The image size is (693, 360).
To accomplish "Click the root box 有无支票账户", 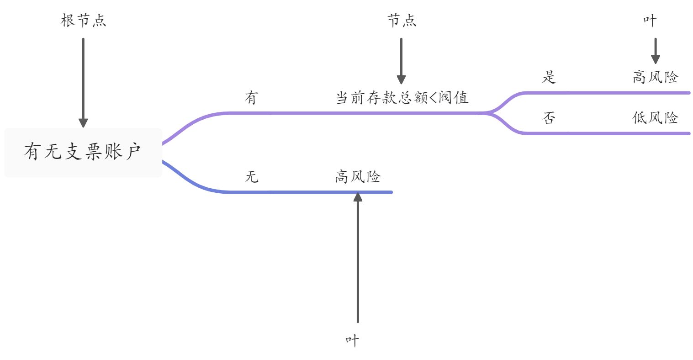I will coord(83,152).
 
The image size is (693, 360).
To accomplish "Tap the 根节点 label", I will coord(83,21).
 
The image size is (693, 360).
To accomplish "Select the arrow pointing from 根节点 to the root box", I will coord(83,82).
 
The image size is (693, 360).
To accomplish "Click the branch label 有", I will coord(251,98).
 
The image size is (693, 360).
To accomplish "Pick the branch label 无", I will coord(251,176).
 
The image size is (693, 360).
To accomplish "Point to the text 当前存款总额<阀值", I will coord(402,98).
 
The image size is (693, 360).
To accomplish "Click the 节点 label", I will coord(402,21).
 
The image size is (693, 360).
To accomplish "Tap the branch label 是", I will coord(549,77).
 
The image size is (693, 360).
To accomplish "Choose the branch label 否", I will coord(549,118).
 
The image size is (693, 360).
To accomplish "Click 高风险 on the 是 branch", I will coord(655,77).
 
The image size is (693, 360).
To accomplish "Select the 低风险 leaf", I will coord(655,118).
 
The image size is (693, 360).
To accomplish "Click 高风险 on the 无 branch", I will coord(358,176).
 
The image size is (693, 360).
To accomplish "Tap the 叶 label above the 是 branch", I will coord(650,21).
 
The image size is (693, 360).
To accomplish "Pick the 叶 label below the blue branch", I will coord(352,340).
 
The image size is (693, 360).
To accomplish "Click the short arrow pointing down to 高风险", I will coord(655,51).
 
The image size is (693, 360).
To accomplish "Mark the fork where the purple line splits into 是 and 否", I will coord(490,112).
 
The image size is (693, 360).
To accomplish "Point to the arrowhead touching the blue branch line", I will coord(358,197).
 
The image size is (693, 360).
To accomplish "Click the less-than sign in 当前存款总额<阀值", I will coord(432,98).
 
